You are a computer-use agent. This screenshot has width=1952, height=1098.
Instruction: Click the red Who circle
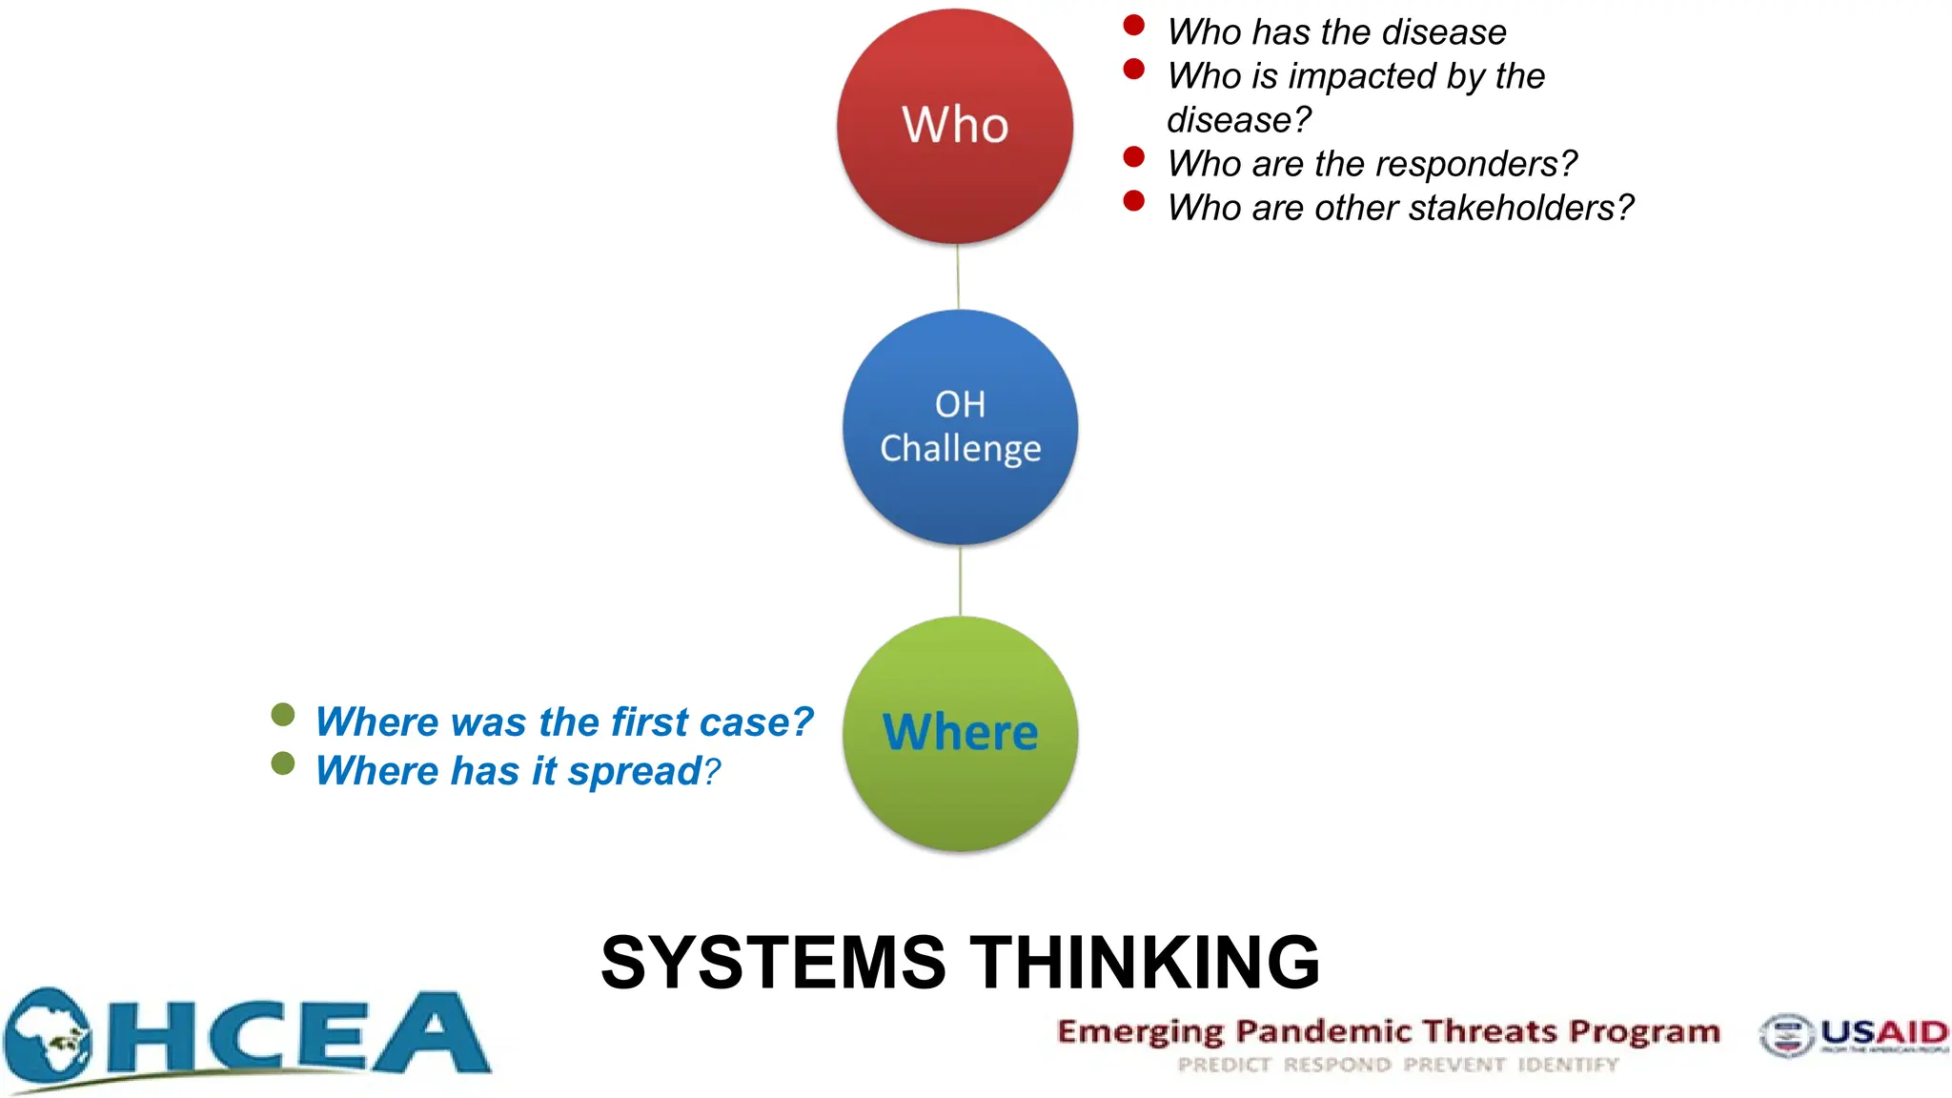tap(955, 126)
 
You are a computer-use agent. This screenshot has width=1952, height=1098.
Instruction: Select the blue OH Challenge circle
tap(960, 426)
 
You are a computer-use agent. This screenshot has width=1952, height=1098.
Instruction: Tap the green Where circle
tap(960, 733)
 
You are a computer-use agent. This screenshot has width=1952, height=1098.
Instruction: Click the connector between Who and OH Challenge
tap(958, 276)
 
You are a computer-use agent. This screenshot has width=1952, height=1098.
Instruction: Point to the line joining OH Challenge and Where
tap(960, 580)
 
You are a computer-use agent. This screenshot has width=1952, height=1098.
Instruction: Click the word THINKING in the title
tap(1145, 963)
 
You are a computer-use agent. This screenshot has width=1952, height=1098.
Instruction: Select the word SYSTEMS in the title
tap(773, 963)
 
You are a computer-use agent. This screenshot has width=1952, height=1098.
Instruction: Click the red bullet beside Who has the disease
tap(1133, 26)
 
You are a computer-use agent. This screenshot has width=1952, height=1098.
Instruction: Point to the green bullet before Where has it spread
tap(283, 763)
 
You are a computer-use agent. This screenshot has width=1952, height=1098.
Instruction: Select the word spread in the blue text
tap(634, 771)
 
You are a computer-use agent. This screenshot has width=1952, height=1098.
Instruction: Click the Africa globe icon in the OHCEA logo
tap(48, 1039)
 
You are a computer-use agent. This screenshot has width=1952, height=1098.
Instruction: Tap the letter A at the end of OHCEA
tap(431, 1033)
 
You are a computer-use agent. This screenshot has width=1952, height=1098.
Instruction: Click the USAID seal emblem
tap(1786, 1036)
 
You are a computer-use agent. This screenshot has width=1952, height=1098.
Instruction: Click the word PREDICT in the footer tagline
tap(1224, 1065)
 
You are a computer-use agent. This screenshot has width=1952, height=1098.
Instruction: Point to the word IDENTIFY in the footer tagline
tap(1568, 1065)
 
